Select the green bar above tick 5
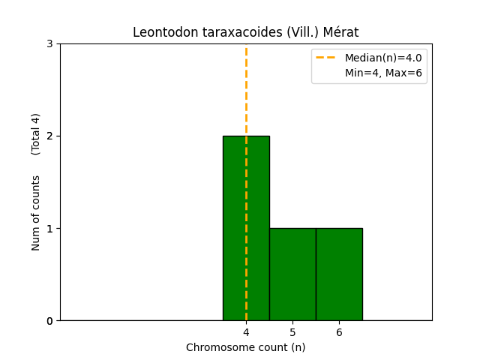[x=292, y=274]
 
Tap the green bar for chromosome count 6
[x=339, y=274]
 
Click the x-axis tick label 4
[x=246, y=332]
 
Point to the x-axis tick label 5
[x=292, y=332]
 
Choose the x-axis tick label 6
[x=339, y=332]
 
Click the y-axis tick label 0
[x=49, y=321]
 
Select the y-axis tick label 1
[x=49, y=229]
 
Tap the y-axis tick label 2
[x=49, y=136]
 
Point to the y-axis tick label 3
[x=49, y=44]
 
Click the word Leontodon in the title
[x=162, y=32]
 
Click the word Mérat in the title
[x=341, y=32]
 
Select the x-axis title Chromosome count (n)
[x=246, y=347]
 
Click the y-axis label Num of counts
[x=36, y=213]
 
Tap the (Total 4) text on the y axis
[x=36, y=134]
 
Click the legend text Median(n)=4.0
[x=383, y=58]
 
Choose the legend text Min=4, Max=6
[x=383, y=73]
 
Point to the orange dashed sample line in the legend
[x=327, y=58]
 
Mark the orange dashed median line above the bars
[x=246, y=90]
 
